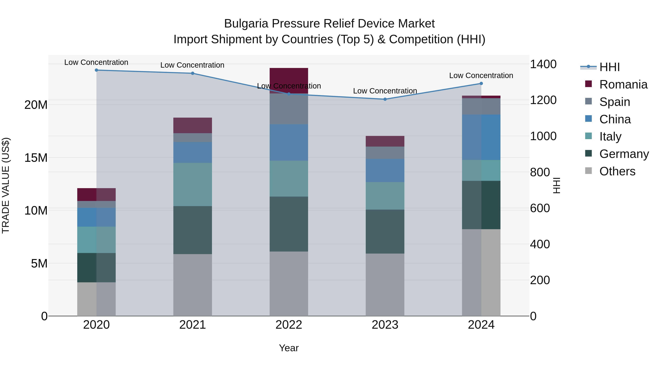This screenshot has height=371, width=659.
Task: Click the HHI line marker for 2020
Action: click(96, 70)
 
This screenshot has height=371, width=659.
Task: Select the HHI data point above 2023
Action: click(385, 99)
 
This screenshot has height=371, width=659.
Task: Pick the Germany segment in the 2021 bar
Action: click(192, 230)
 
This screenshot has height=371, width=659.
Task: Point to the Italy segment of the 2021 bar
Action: click(192, 184)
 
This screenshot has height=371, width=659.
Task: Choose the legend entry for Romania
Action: click(623, 84)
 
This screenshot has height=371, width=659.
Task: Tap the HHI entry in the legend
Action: click(609, 67)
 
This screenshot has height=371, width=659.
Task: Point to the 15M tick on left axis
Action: click(36, 158)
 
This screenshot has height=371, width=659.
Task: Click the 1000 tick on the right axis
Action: click(543, 136)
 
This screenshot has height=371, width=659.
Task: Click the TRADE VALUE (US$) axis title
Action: click(6, 185)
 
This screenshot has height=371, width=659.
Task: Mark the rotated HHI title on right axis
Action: click(556, 185)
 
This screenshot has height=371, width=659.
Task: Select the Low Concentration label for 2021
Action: click(192, 65)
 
